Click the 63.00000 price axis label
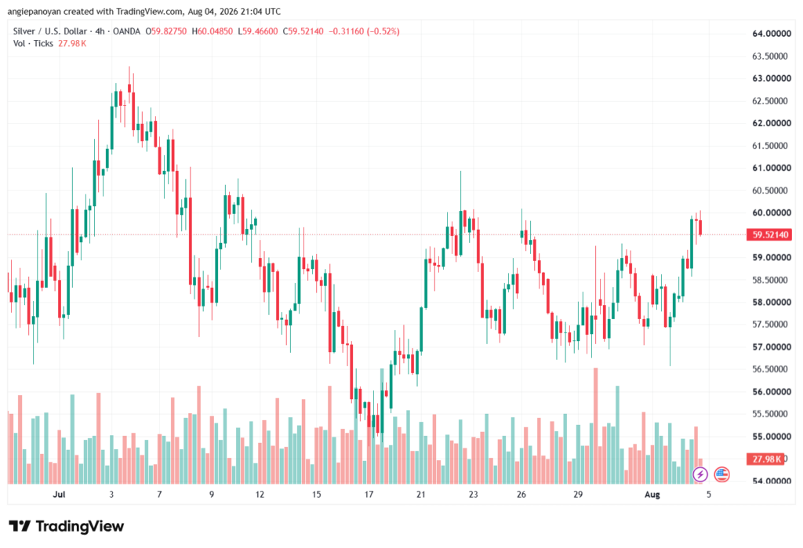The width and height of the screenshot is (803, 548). [772, 78]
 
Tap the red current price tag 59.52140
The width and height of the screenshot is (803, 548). [770, 234]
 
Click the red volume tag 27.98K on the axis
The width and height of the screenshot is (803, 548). [766, 459]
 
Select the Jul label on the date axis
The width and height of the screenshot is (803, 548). [59, 494]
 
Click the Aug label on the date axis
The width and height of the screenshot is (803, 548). [652, 494]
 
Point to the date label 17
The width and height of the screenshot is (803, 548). [369, 494]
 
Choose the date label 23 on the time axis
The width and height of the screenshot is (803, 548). [473, 494]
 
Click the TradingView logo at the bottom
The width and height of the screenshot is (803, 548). [67, 526]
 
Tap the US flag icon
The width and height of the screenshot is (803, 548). [721, 474]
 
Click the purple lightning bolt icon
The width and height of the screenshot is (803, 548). [700, 474]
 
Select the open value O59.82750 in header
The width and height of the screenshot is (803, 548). [166, 31]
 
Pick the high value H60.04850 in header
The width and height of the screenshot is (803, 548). [212, 31]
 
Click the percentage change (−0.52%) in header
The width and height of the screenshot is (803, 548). [383, 31]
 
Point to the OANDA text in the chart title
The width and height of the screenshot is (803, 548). [126, 31]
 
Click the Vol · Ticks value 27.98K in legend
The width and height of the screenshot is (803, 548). [72, 44]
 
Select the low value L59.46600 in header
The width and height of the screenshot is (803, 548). [257, 31]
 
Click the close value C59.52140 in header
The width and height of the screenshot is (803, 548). [303, 31]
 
